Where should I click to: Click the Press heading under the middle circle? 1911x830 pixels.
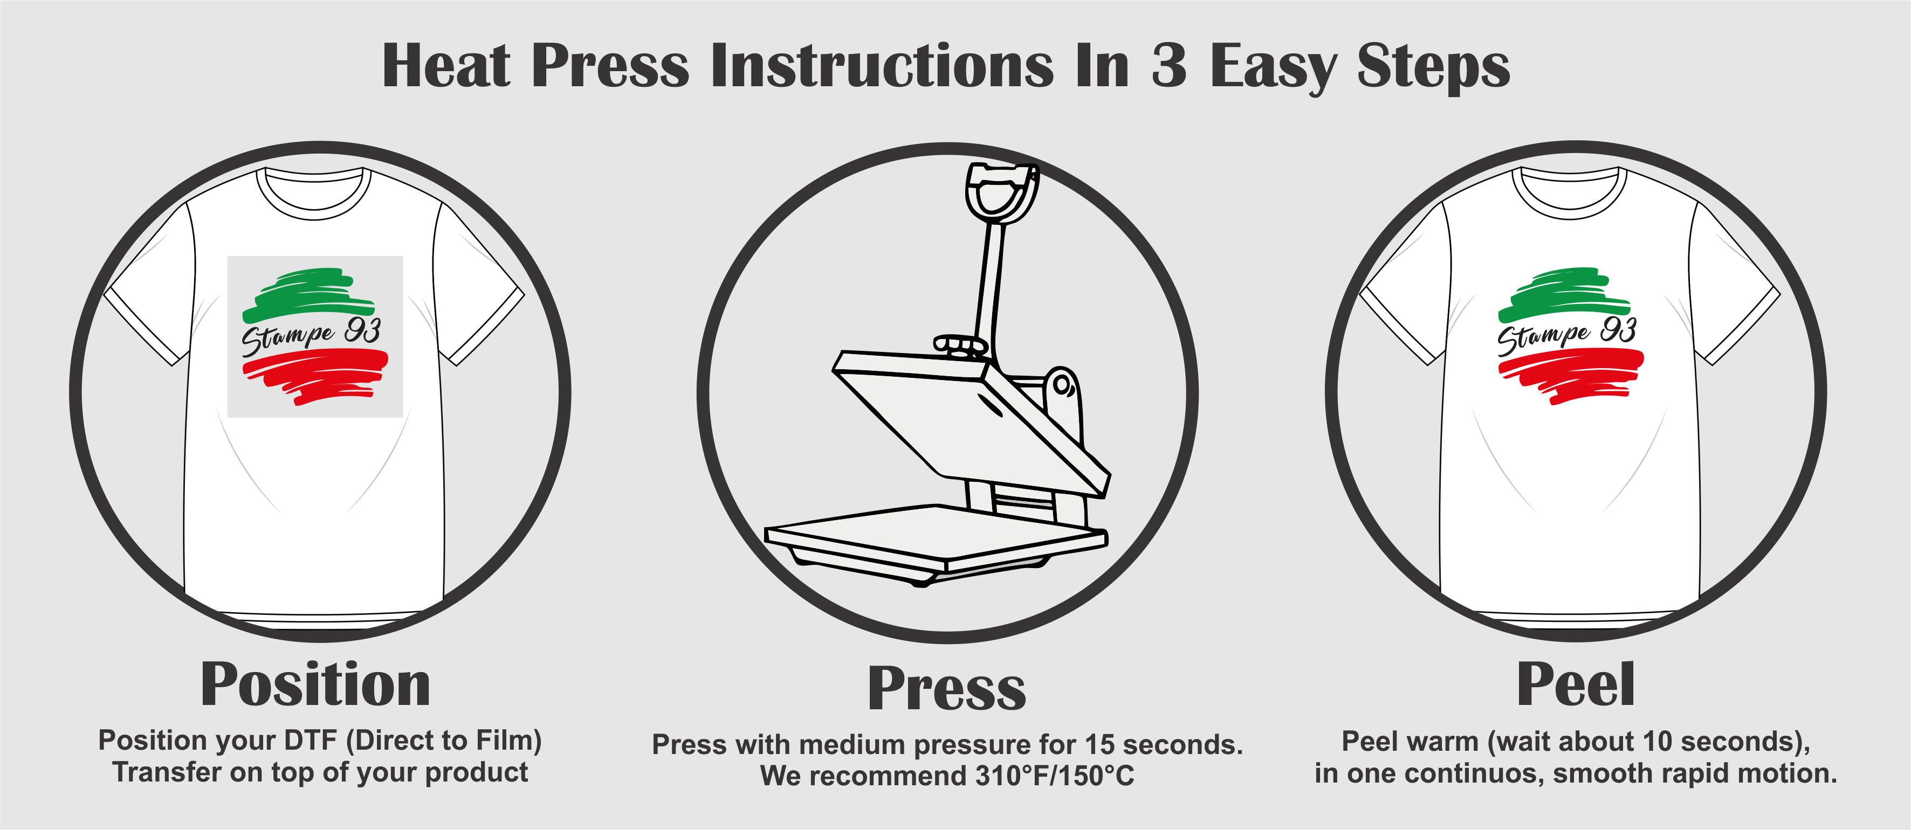(947, 689)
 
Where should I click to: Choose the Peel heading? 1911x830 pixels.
(1576, 684)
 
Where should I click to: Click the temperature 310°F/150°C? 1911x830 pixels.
(1055, 776)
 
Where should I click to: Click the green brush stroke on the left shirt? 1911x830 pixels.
(310, 294)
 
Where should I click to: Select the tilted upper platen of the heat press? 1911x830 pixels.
(971, 423)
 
